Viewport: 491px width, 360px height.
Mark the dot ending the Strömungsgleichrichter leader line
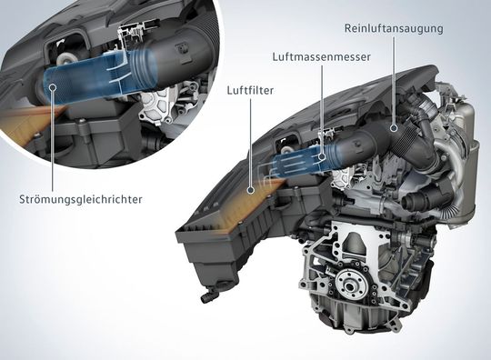53,87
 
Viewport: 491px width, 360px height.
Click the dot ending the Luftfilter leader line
251,190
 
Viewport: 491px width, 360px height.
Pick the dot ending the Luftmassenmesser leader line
321,157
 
